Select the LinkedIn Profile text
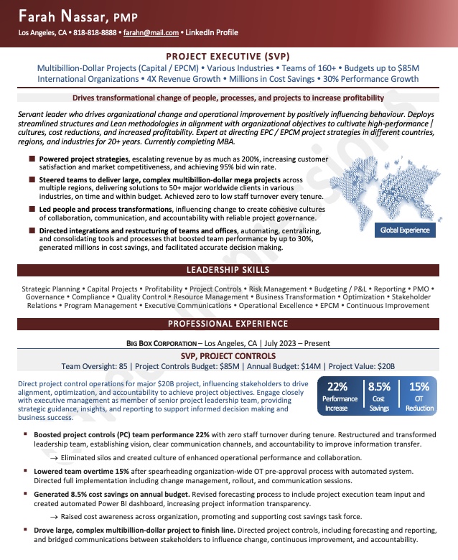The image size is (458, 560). tap(212, 33)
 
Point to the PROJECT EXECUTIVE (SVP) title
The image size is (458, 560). tap(228, 55)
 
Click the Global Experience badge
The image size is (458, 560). tap(405, 230)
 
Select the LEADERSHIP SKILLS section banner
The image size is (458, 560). tap(228, 270)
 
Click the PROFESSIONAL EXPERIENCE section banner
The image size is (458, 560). tap(228, 323)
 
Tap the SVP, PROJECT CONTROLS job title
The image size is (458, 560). tap(228, 355)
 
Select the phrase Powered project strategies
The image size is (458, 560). tap(84, 159)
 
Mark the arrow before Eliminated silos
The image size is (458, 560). tap(54, 457)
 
